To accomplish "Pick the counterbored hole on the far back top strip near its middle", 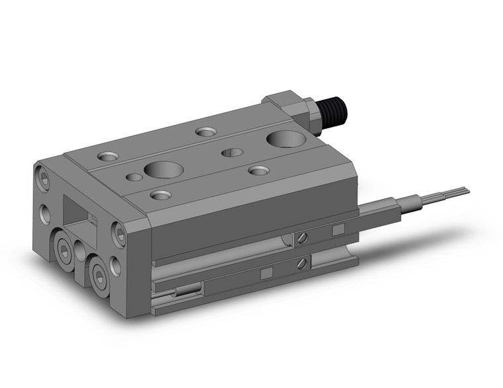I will (206, 132).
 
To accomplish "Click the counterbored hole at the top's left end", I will (107, 157).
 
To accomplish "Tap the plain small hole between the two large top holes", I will (232, 153).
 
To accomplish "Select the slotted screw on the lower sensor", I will (301, 264).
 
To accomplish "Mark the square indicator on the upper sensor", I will (338, 229).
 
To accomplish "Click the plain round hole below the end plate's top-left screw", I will (45, 212).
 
